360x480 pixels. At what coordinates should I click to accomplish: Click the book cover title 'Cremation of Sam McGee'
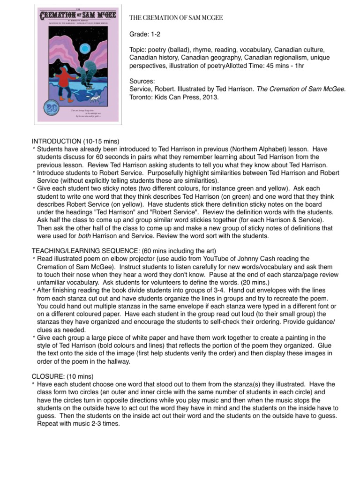(x=78, y=15)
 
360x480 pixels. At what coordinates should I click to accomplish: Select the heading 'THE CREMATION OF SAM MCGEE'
(x=176, y=18)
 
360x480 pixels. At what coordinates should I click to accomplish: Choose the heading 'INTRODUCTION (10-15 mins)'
(x=75, y=141)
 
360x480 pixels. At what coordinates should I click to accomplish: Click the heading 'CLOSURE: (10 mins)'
(x=62, y=376)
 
